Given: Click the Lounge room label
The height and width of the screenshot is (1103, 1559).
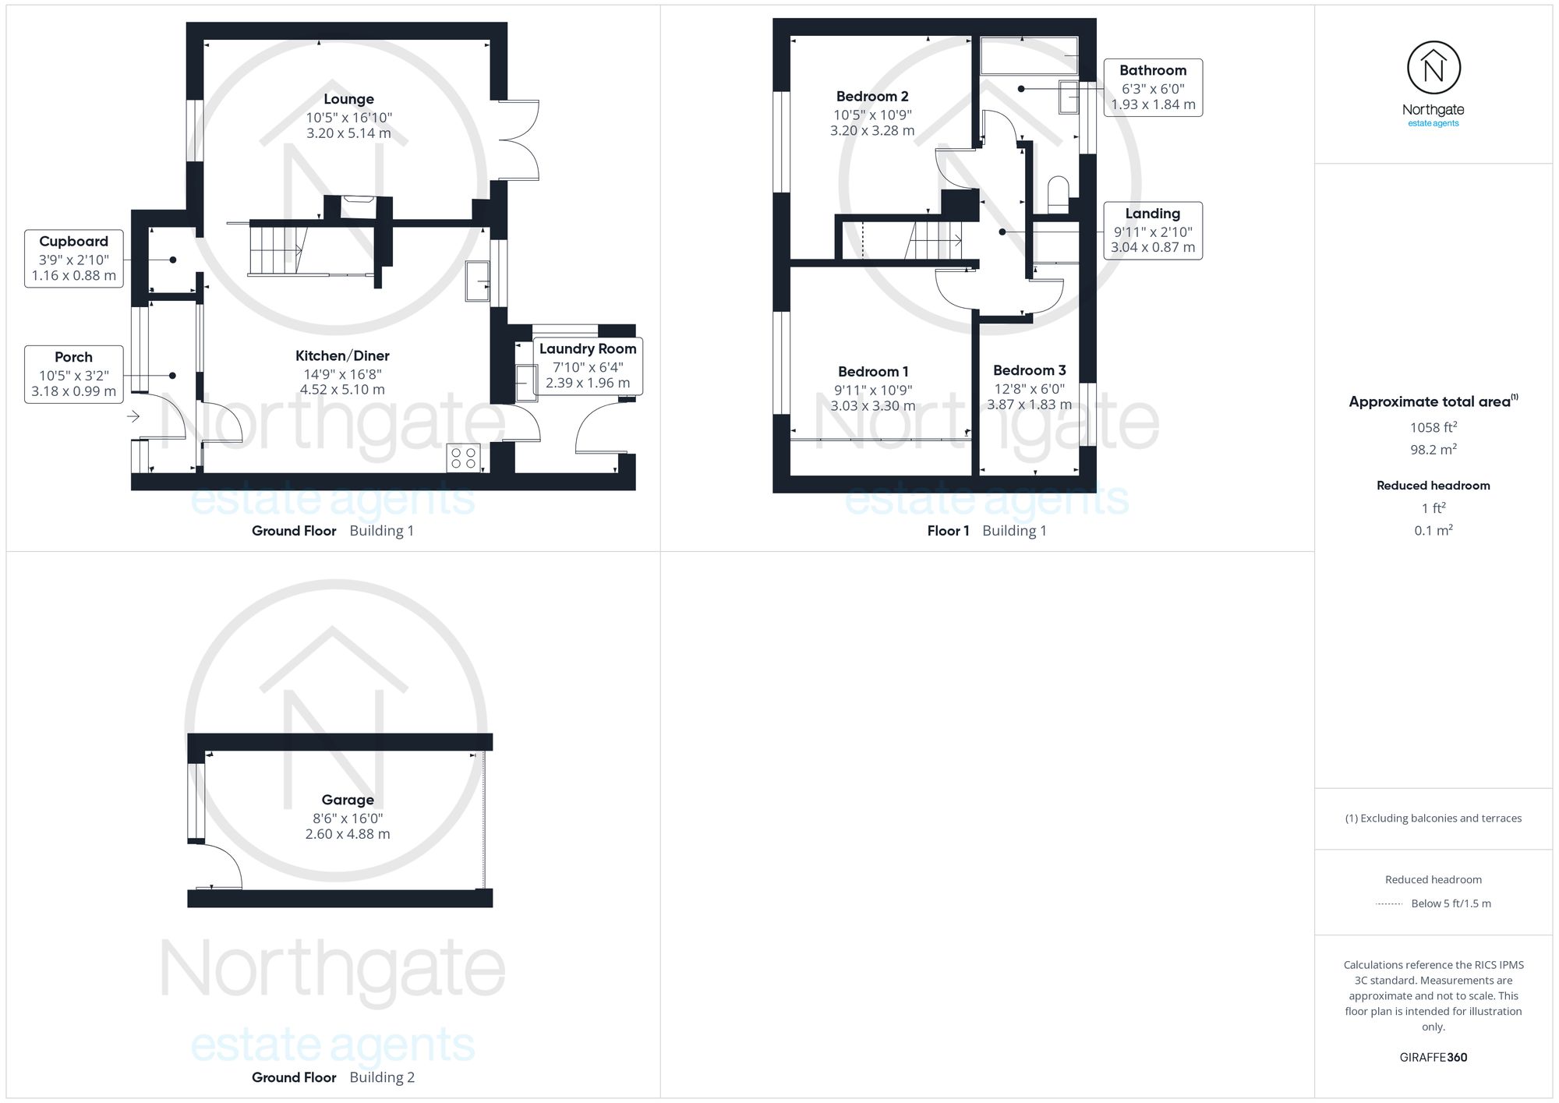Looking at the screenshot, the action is click(x=348, y=99).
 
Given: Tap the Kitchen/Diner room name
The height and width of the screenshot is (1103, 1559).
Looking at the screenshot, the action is click(x=342, y=355).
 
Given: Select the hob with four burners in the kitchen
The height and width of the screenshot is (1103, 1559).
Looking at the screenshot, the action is click(x=463, y=458).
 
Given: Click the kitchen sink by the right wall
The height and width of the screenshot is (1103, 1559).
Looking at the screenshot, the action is click(x=477, y=281).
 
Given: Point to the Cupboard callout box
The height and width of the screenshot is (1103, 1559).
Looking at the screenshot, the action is click(x=74, y=259).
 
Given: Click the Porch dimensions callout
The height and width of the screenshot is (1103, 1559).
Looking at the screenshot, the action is click(x=74, y=374).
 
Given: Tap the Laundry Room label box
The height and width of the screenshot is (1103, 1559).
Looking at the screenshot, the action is click(x=588, y=366).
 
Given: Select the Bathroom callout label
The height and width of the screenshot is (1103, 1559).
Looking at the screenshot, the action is click(x=1153, y=87).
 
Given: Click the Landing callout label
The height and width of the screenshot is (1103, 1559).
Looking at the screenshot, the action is click(x=1153, y=231).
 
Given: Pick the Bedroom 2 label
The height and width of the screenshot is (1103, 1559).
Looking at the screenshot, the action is click(x=872, y=97).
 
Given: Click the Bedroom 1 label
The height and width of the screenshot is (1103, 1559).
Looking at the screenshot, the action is click(x=873, y=372).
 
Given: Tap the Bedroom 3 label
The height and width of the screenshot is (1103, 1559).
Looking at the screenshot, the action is click(x=1029, y=370).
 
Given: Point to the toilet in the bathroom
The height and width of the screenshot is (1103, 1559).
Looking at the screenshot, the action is click(x=1059, y=195).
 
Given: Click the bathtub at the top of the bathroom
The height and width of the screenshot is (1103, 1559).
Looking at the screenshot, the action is click(x=1029, y=55).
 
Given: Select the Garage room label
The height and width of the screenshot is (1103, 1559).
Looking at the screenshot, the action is click(x=348, y=800).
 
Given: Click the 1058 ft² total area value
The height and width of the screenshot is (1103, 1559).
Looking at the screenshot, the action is click(x=1434, y=427).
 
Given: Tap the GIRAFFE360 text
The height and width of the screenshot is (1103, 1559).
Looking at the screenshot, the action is click(x=1434, y=1058).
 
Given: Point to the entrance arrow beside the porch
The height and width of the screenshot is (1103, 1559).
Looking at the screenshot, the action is click(x=133, y=416).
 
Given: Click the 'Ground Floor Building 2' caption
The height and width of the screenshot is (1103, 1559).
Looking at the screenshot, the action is click(x=333, y=1077).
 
